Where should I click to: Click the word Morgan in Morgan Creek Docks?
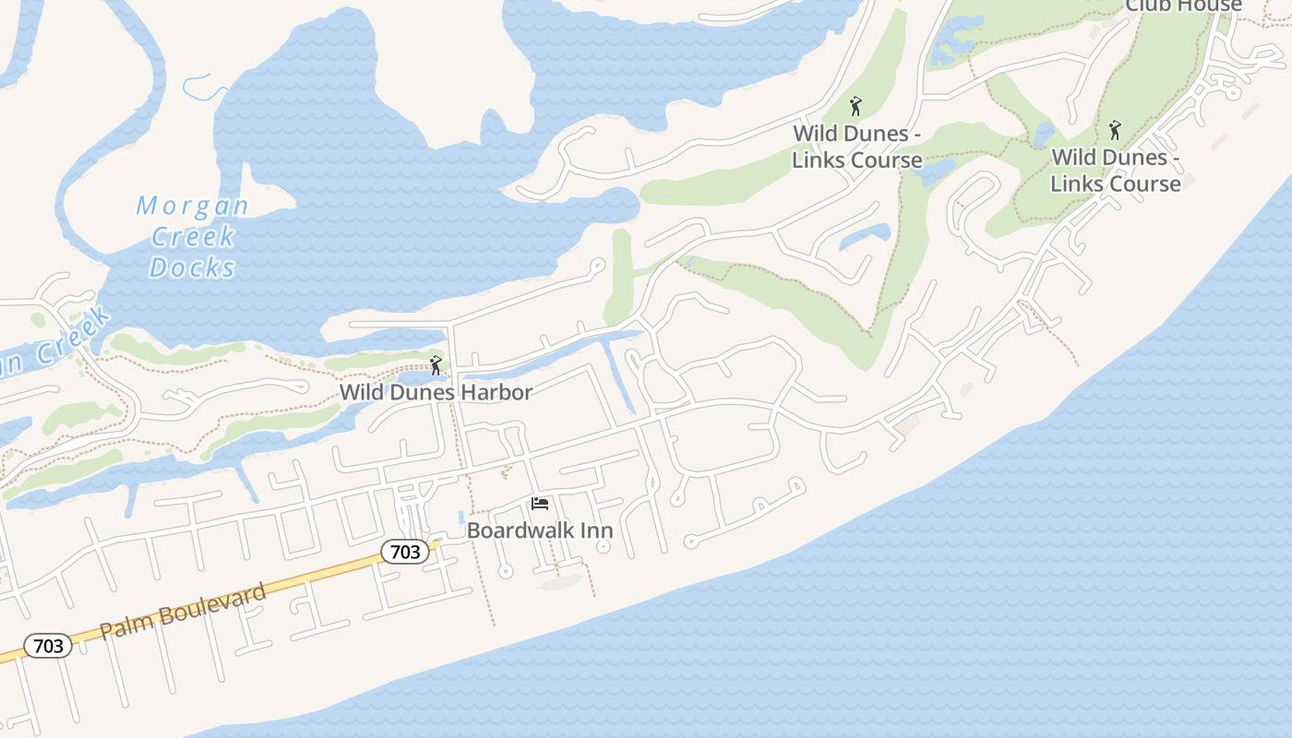[192, 206]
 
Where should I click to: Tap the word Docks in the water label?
[192, 268]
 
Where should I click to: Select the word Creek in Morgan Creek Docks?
[192, 237]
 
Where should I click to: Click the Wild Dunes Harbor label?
[436, 392]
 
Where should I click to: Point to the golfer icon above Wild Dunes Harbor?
[436, 365]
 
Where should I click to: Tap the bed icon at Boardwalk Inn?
[540, 504]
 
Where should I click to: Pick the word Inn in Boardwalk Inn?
[596, 530]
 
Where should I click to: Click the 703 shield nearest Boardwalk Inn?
[405, 553]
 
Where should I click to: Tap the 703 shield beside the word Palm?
[48, 646]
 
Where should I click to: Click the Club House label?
[1183, 6]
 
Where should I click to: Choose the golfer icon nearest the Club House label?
[1115, 130]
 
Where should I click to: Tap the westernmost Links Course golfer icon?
[855, 106]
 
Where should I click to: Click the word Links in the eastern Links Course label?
[1077, 184]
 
